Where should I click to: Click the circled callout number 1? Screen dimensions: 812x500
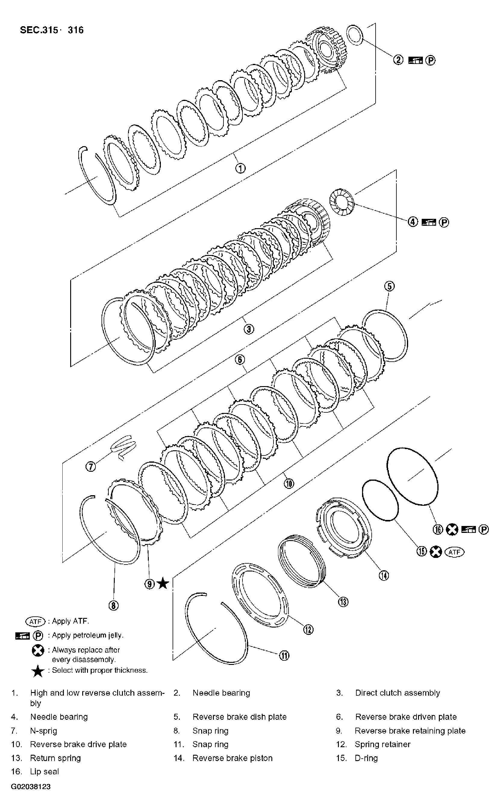[240, 168]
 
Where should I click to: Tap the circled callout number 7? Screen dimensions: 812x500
[91, 467]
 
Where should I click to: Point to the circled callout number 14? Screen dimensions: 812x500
[384, 576]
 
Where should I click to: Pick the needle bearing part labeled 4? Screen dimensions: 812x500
[342, 202]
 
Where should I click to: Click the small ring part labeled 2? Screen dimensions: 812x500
[355, 35]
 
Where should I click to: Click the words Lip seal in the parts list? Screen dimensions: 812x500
[44, 771]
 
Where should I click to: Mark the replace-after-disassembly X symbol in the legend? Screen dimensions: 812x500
[38, 650]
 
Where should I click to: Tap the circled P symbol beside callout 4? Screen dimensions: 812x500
[444, 222]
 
